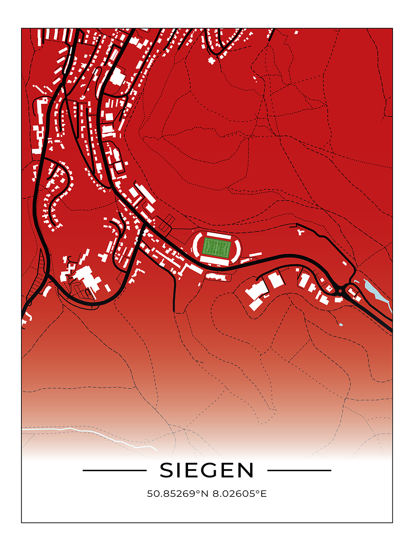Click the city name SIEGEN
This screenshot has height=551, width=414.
coord(207,470)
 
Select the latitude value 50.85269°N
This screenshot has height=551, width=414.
coord(178,494)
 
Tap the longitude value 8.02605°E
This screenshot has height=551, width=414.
coord(239,494)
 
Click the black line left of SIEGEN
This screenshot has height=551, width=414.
coord(115,470)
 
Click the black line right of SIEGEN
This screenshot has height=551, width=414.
coord(299,470)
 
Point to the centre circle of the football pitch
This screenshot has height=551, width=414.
coord(217,248)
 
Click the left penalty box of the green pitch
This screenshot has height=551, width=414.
coord(206,247)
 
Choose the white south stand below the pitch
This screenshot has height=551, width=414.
coord(214,261)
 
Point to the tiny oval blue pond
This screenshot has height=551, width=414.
coord(341,325)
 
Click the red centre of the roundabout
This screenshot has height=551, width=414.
coord(340,291)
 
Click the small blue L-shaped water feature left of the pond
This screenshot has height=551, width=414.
coord(356,282)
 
